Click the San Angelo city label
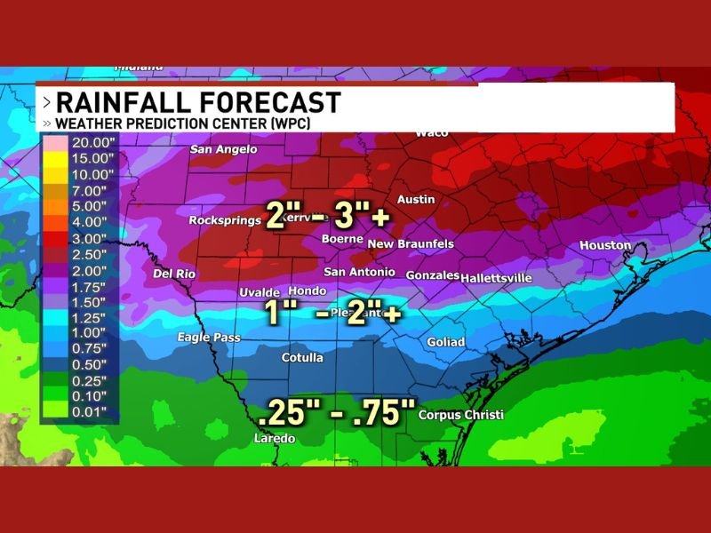click(x=223, y=149)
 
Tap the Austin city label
click(x=415, y=199)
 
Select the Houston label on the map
click(x=604, y=245)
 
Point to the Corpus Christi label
click(x=460, y=415)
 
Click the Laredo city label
click(x=274, y=438)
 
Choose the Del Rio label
click(x=174, y=274)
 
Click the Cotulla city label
click(x=302, y=357)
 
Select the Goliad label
click(x=445, y=342)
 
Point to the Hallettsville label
click(x=496, y=278)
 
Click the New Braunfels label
click(x=411, y=243)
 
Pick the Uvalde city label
click(x=260, y=292)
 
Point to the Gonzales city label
click(x=432, y=275)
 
